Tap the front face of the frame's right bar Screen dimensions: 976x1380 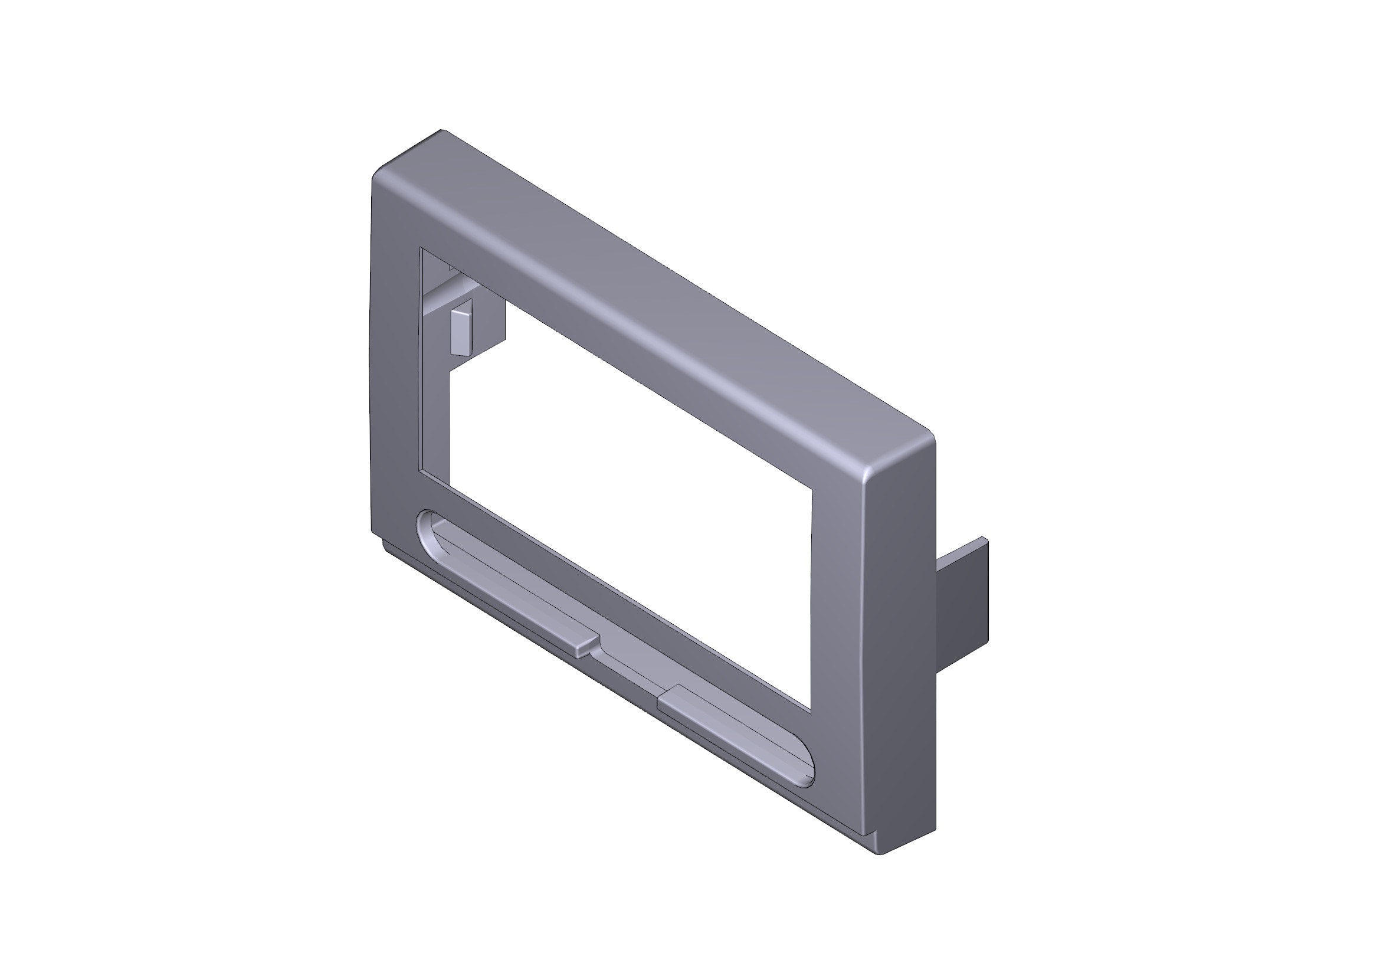pyautogui.click(x=838, y=631)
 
